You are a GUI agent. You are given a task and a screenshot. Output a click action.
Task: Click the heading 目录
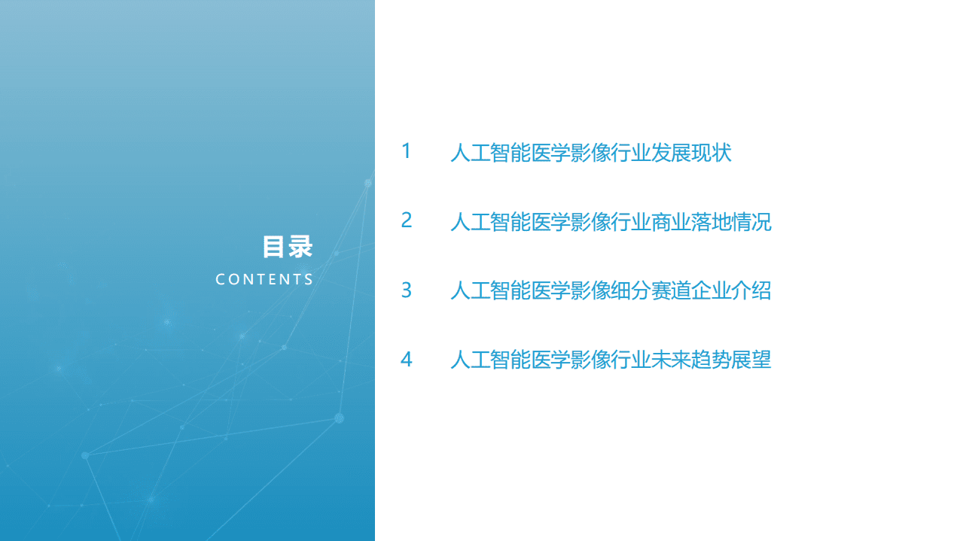(x=287, y=247)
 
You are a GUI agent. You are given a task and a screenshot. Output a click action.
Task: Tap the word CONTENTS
(x=264, y=280)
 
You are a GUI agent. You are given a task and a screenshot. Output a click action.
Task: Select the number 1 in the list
(x=407, y=151)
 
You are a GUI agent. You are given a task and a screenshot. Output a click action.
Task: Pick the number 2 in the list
(x=407, y=220)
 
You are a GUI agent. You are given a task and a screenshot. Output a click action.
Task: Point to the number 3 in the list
(x=407, y=290)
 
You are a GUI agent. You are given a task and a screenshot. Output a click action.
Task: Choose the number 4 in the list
(x=407, y=360)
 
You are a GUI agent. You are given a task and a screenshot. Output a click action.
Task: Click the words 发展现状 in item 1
(x=692, y=153)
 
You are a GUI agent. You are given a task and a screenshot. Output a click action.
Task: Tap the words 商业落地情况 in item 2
(x=712, y=223)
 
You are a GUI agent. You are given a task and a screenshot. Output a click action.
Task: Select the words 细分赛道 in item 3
(x=651, y=291)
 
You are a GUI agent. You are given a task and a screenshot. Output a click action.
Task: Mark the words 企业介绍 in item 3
(x=732, y=291)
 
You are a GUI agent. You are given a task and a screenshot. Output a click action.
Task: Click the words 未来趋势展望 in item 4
(x=712, y=360)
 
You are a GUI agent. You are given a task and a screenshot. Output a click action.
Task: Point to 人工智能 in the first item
(x=490, y=153)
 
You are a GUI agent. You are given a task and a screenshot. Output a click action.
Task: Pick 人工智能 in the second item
(x=490, y=223)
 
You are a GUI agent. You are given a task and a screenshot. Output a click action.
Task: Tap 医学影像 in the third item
(x=571, y=291)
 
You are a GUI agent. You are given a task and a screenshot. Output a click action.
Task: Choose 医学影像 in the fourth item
(x=571, y=360)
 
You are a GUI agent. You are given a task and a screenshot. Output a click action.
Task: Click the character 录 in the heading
(x=300, y=247)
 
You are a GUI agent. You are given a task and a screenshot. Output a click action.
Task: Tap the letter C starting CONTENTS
(x=220, y=280)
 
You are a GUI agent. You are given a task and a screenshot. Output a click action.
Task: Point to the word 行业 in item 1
(x=631, y=153)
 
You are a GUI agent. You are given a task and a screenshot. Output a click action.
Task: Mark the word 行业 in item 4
(x=631, y=360)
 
